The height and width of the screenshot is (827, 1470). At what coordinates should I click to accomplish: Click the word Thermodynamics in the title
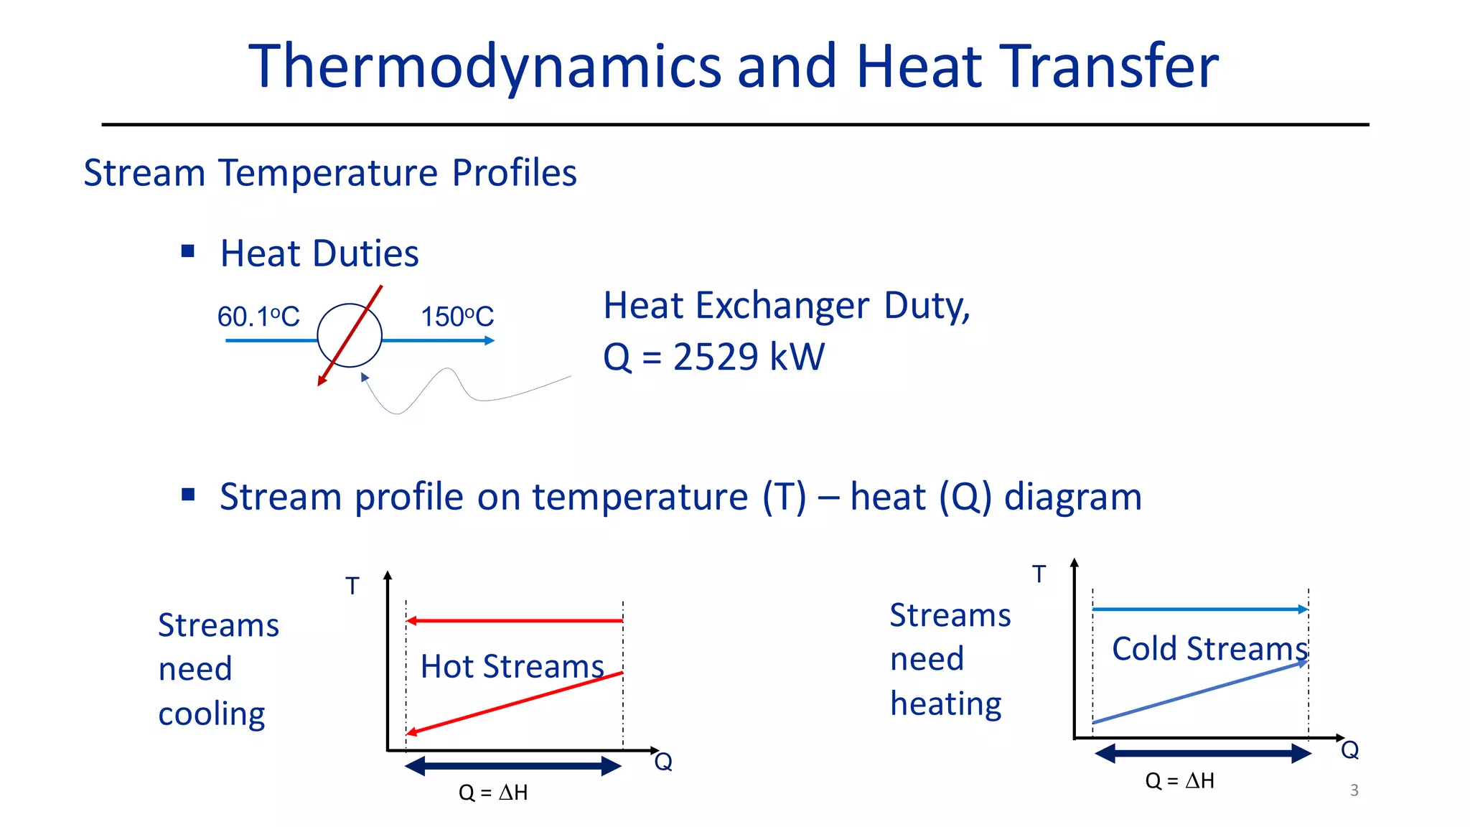click(484, 67)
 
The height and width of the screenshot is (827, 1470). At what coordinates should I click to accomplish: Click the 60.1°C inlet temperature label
click(258, 317)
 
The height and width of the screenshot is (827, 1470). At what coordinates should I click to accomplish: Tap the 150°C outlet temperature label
click(457, 317)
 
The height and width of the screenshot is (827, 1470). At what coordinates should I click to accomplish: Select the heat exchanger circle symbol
click(350, 335)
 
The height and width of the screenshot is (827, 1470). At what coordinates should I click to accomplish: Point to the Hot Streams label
click(512, 666)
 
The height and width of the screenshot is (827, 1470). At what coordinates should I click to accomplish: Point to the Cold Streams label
click(1209, 648)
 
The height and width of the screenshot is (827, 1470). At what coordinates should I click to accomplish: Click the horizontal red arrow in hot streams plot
click(514, 620)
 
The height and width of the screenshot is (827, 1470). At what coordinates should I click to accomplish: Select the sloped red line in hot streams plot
click(514, 703)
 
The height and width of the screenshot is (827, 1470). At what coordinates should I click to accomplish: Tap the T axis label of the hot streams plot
click(352, 587)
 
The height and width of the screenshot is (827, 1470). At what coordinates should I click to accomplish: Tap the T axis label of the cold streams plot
click(1039, 574)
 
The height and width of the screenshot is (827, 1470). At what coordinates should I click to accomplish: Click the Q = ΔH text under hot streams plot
click(493, 793)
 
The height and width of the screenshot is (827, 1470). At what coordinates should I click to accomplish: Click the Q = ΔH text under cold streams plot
click(1179, 780)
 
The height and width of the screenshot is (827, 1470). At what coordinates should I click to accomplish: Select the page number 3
click(1354, 790)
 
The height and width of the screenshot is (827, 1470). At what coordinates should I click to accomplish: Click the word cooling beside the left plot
click(212, 714)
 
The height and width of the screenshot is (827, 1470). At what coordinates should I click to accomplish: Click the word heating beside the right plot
click(945, 704)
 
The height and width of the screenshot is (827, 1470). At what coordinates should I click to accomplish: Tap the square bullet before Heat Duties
click(188, 251)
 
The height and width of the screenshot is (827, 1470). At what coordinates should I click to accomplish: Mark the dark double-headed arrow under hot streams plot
click(513, 766)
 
